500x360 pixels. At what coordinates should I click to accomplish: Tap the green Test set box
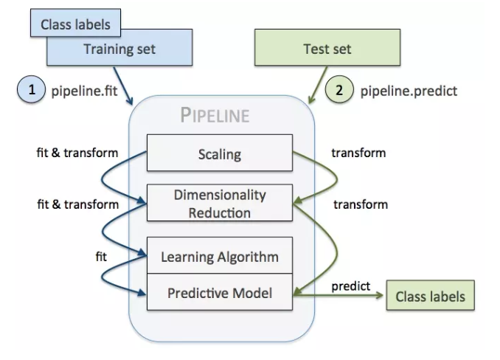327,50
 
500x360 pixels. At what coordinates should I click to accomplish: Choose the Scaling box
220,154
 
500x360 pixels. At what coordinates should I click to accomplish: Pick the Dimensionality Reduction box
220,204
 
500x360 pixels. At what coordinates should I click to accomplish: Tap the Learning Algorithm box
220,257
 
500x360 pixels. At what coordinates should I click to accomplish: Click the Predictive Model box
220,293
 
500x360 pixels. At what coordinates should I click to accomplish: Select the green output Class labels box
430,297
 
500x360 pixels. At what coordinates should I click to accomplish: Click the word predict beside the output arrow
351,286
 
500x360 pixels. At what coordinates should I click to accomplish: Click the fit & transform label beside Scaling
77,153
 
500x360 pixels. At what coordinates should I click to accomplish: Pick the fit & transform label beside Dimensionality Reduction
77,204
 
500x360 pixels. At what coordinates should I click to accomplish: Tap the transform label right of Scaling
358,153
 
